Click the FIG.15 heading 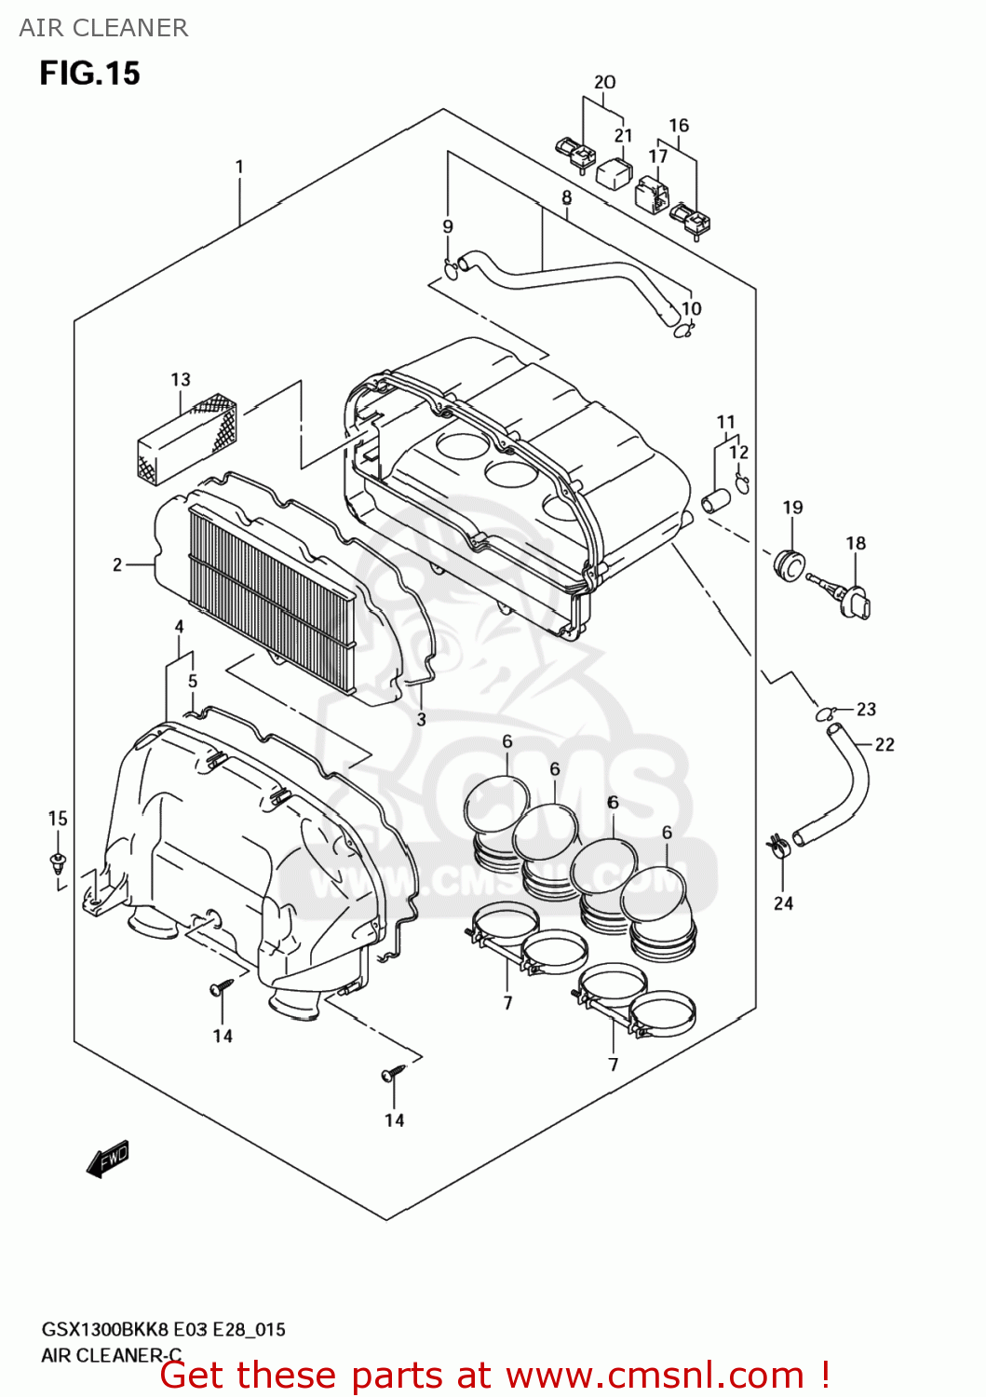pyautogui.click(x=89, y=73)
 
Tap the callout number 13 pyautogui.click(x=181, y=379)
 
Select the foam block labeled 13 pyautogui.click(x=186, y=439)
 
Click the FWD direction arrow pyautogui.click(x=108, y=1159)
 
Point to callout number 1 pyautogui.click(x=239, y=167)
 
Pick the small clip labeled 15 pyautogui.click(x=59, y=861)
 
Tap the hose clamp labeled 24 pyautogui.click(x=778, y=847)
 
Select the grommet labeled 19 pyautogui.click(x=789, y=563)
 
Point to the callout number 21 pyautogui.click(x=623, y=136)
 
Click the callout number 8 pyautogui.click(x=566, y=197)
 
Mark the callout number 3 pyautogui.click(x=421, y=719)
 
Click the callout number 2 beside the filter pyautogui.click(x=117, y=564)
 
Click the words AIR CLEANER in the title pyautogui.click(x=103, y=28)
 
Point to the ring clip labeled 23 pyautogui.click(x=825, y=714)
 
